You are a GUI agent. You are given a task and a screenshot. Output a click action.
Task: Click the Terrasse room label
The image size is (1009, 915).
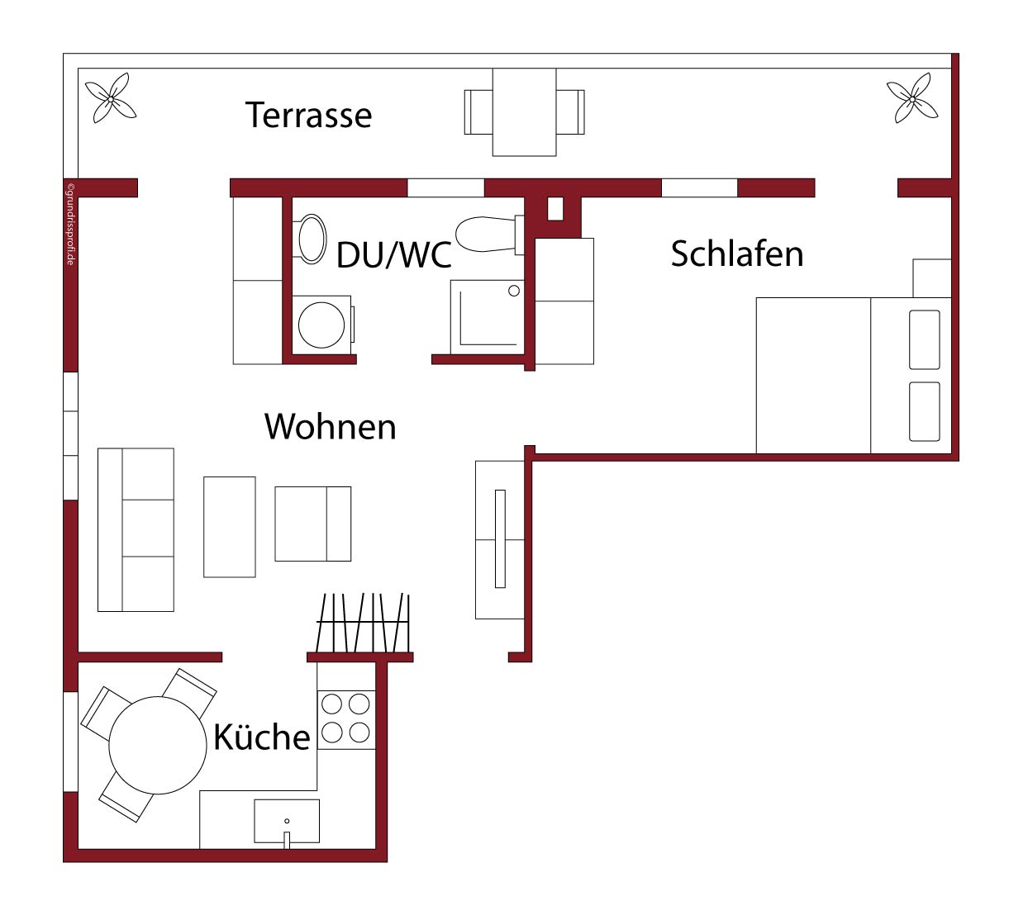[x=309, y=115]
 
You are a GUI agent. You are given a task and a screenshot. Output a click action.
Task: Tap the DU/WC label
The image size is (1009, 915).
[x=394, y=255]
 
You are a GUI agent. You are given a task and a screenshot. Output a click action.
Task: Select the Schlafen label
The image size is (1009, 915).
[x=737, y=254]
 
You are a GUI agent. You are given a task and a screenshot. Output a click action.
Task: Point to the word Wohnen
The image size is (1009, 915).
[x=331, y=427]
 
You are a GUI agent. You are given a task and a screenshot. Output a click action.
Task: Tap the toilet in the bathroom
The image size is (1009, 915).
[x=490, y=235]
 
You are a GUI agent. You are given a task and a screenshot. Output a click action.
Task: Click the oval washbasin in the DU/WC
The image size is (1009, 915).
[x=312, y=239]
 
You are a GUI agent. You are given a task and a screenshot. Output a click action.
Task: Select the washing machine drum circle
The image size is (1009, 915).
[x=321, y=325]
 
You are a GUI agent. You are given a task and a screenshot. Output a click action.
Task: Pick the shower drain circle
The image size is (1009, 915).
[x=513, y=291]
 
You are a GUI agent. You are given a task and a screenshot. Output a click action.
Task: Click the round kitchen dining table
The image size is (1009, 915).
[x=158, y=745]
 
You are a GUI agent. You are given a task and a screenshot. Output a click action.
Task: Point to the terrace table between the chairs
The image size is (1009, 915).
[x=524, y=112]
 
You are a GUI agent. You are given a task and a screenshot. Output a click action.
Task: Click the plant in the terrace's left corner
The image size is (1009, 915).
[x=111, y=98]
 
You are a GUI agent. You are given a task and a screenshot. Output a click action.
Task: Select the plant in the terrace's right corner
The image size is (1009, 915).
[x=912, y=98]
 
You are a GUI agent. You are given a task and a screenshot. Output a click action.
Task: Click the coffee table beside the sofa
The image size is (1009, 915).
[x=230, y=527]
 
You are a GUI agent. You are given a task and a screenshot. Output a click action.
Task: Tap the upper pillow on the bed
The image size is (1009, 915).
[x=925, y=340]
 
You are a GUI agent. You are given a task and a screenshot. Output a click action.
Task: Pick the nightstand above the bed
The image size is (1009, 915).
[x=932, y=278]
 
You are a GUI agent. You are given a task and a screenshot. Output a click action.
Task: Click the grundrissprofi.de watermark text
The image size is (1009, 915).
[x=70, y=225]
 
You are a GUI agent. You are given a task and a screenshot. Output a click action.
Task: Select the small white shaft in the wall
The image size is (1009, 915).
[x=555, y=209]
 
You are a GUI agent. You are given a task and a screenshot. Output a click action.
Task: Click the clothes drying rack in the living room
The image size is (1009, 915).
[x=363, y=623]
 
